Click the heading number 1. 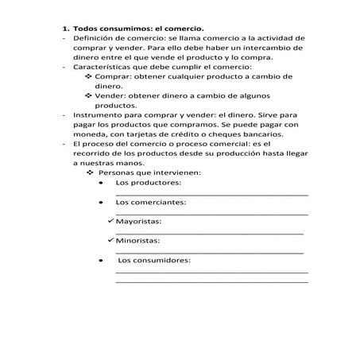(65, 28)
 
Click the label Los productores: (148, 184)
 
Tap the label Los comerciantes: (151, 203)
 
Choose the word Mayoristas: (138, 222)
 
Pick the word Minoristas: (138, 241)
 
